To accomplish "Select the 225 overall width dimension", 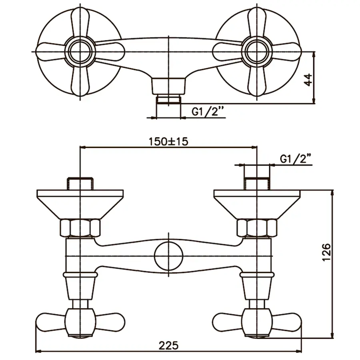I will point(168,345).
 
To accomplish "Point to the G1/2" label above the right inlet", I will point(295,159).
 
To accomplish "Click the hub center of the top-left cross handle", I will point(80,51).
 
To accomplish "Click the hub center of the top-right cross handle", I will point(256,51).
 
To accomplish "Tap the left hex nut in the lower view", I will point(80,228).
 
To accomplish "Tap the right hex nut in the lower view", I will point(256,228).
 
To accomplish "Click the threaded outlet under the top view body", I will point(168,99).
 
